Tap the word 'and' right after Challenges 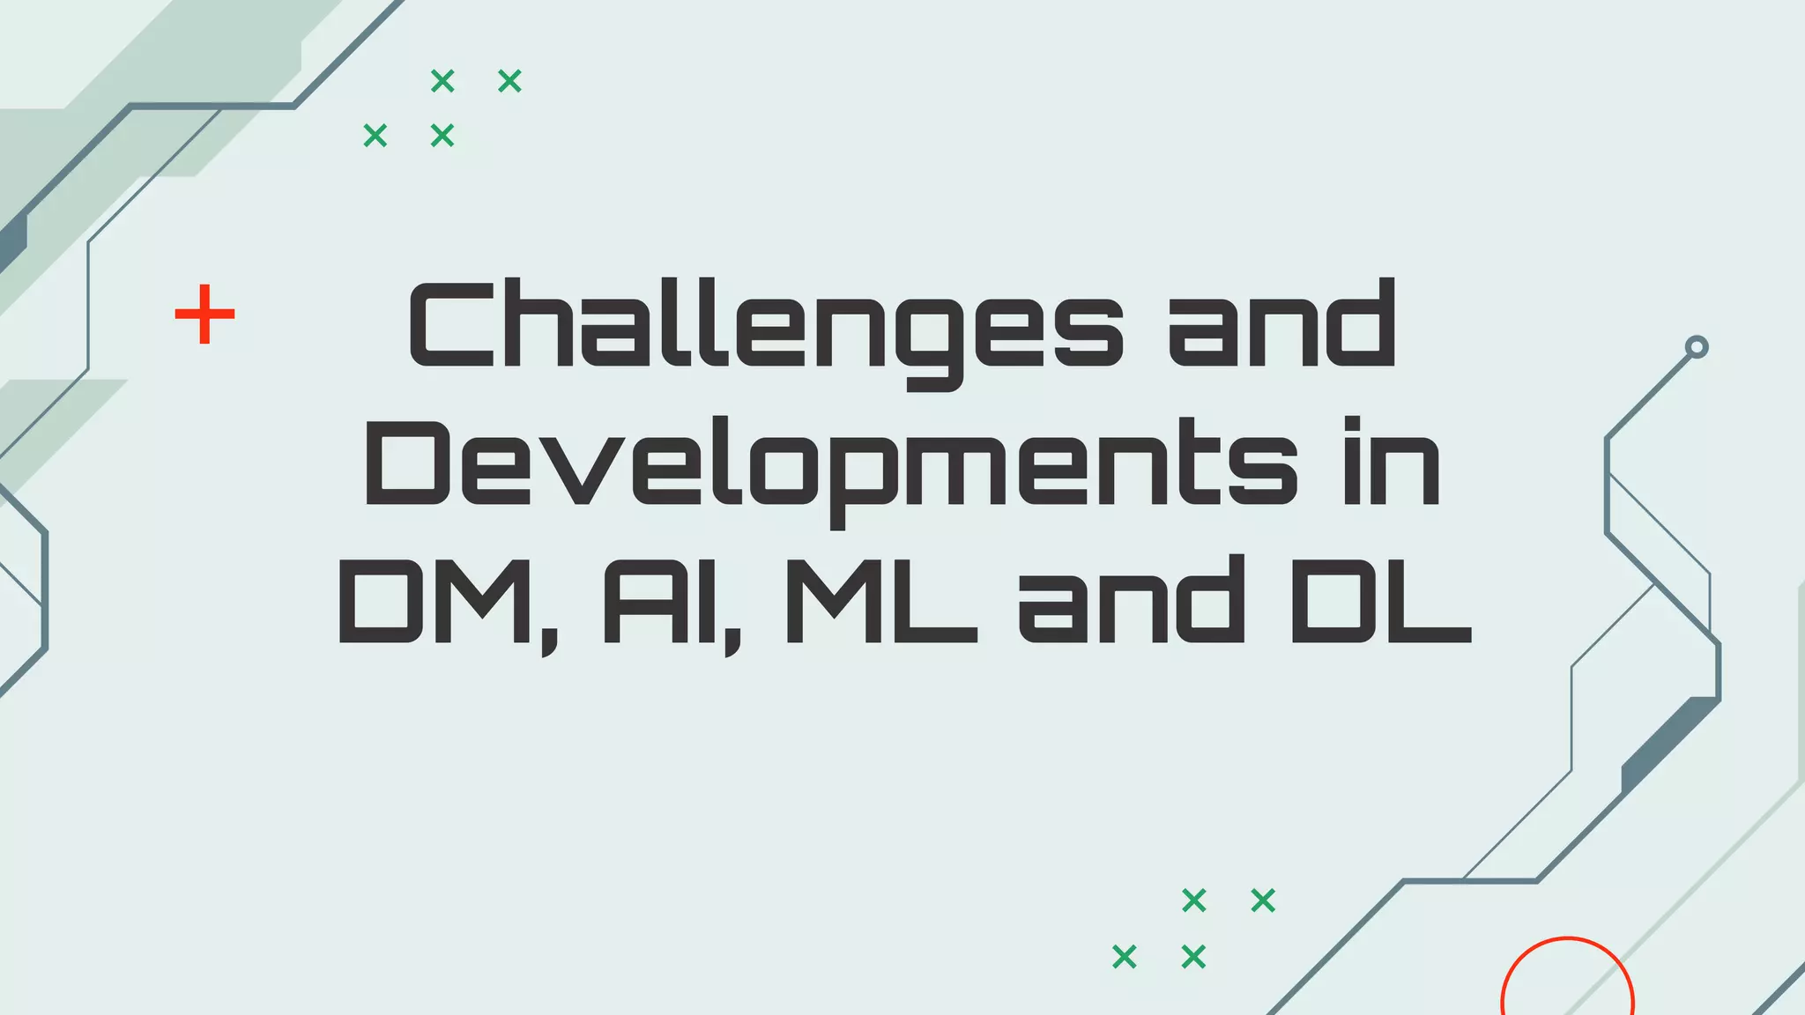click(1282, 324)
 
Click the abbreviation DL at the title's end click(1380, 601)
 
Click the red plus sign click(204, 314)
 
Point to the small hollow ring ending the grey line click(1696, 347)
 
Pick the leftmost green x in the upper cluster click(375, 136)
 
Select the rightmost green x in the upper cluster click(509, 81)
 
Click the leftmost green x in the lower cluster click(1125, 956)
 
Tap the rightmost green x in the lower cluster click(1263, 900)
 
